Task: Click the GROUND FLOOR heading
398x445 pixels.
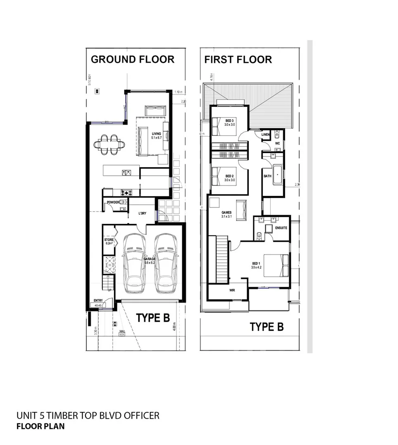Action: [x=132, y=59]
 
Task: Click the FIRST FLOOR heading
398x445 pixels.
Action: [x=238, y=60]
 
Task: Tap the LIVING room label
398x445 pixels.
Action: [x=156, y=133]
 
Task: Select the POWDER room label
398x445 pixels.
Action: [x=113, y=202]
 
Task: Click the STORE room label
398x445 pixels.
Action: [x=109, y=240]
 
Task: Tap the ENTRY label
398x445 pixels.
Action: [x=98, y=301]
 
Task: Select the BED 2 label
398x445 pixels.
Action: [x=230, y=176]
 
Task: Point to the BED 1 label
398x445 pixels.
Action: [x=256, y=263]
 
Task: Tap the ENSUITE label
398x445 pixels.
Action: [x=281, y=228]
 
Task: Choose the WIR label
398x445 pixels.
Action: [x=232, y=291]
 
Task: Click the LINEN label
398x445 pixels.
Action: [x=266, y=135]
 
